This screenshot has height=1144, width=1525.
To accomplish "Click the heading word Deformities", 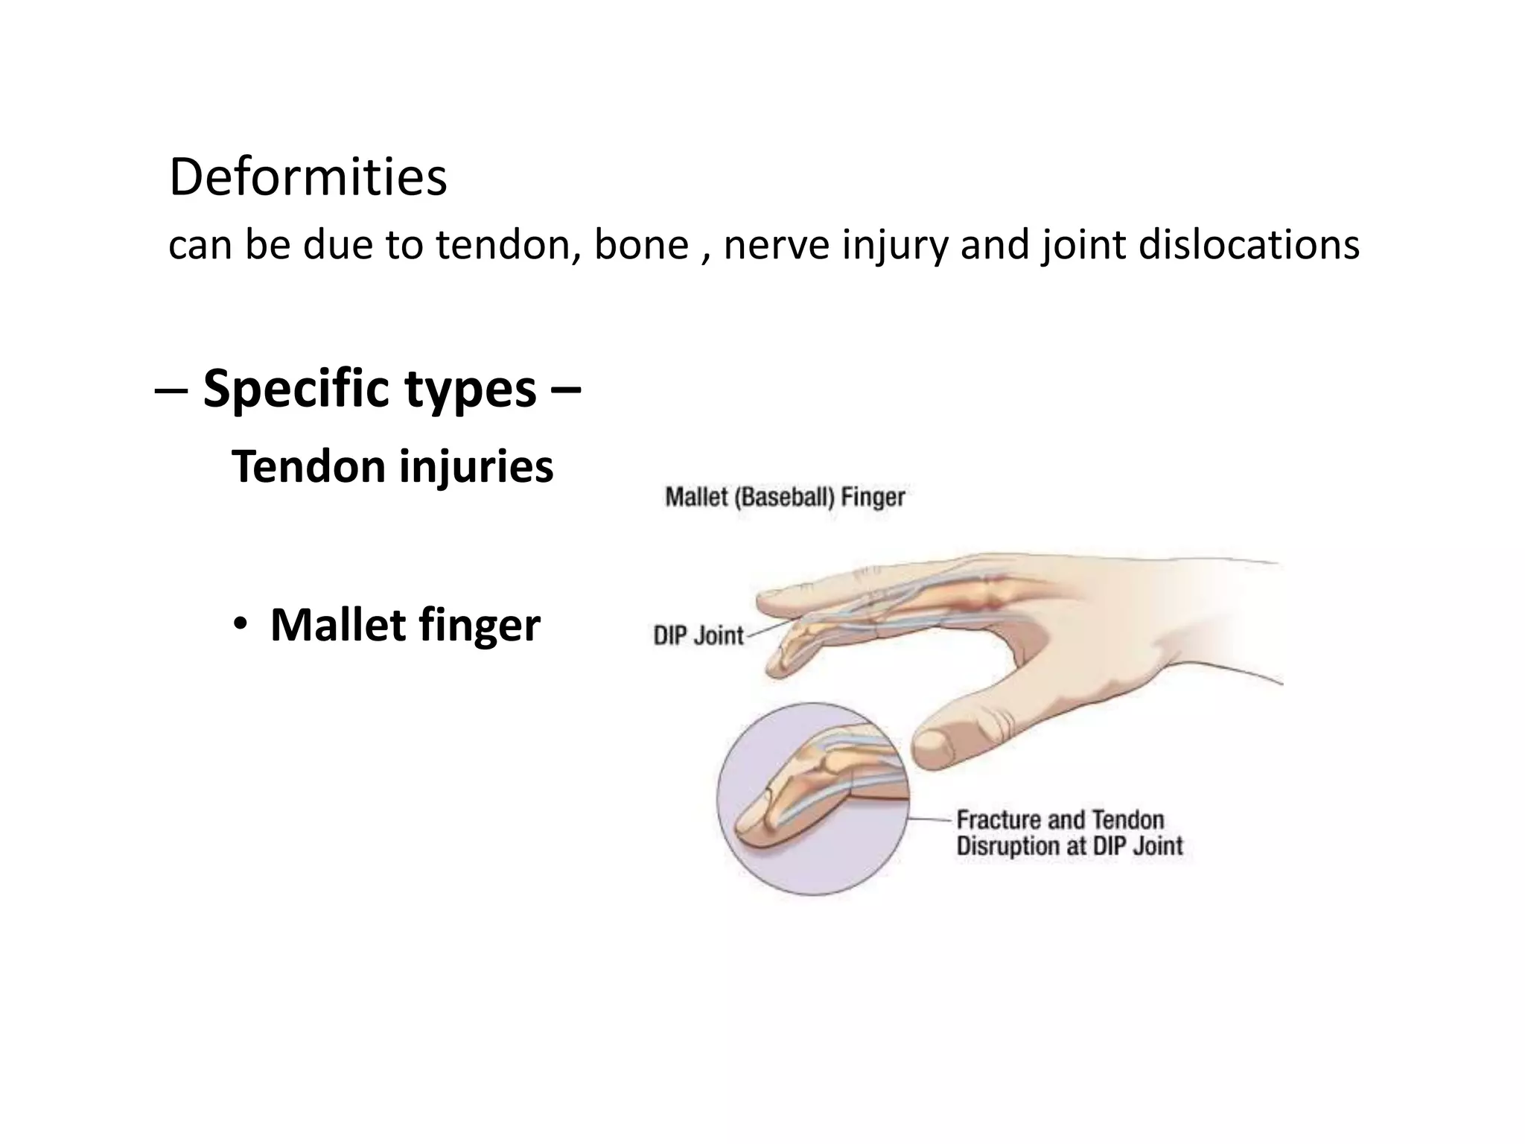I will pos(308,178).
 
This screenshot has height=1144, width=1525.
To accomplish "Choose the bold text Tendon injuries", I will pos(392,467).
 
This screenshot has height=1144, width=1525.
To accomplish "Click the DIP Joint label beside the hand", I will pos(698,635).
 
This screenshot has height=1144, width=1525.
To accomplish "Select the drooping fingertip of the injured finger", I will pos(778,666).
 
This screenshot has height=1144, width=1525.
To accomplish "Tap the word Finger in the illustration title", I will pos(873,497).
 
